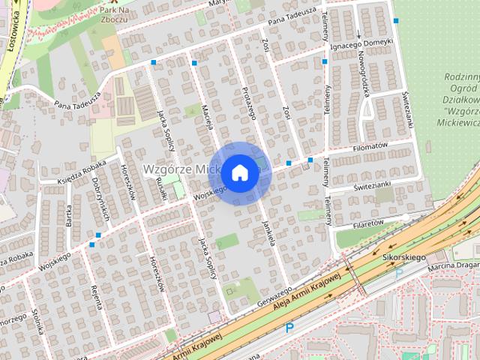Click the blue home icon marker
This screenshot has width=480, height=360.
(238, 172)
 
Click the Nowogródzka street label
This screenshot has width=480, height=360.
(362, 77)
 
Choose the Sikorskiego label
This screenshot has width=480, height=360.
(403, 257)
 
